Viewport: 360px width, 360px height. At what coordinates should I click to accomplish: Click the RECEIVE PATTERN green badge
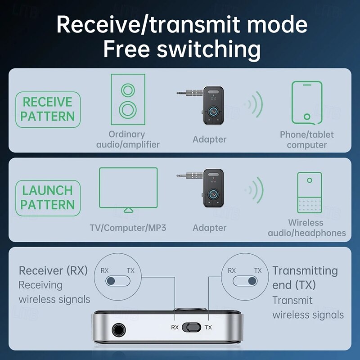47,110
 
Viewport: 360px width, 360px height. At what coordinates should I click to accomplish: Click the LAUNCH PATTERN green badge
47,198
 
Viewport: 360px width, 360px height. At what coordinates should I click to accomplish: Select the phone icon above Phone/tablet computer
307,102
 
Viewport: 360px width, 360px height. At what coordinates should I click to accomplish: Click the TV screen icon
128,189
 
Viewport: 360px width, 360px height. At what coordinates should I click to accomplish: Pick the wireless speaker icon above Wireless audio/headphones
309,193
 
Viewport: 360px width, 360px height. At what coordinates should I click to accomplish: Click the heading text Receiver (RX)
53,270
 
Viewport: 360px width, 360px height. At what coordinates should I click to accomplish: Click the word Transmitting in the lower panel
305,270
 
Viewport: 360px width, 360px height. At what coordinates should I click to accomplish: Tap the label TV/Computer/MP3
128,228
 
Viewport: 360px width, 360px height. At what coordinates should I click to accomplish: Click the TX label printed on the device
208,327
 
